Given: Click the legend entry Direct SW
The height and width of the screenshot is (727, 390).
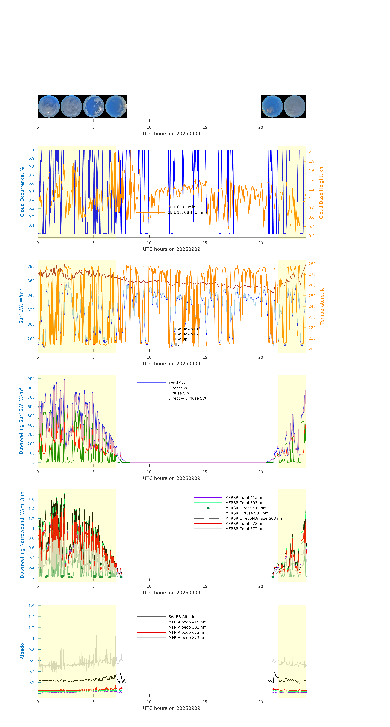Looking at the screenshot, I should [178, 388].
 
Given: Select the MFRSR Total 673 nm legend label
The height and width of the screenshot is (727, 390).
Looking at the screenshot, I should [245, 524].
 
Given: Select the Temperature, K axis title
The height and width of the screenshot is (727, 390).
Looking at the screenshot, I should [322, 307].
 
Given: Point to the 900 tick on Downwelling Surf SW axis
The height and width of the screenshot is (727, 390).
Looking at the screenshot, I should [31, 379].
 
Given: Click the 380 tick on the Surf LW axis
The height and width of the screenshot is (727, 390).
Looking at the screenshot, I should [31, 266].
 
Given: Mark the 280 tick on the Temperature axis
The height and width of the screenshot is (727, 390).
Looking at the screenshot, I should [312, 264].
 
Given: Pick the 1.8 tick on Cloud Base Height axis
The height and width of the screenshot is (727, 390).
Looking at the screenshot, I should [311, 161].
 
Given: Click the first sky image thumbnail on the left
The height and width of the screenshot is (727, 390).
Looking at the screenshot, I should [49, 106].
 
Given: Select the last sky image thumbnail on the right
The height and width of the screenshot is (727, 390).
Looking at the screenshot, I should [294, 106].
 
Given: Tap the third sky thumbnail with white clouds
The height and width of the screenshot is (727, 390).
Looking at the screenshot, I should [94, 106].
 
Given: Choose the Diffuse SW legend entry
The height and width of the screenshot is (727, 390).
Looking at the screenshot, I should [179, 393].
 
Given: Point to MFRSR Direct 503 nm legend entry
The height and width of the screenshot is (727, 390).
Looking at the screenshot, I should [246, 508].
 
